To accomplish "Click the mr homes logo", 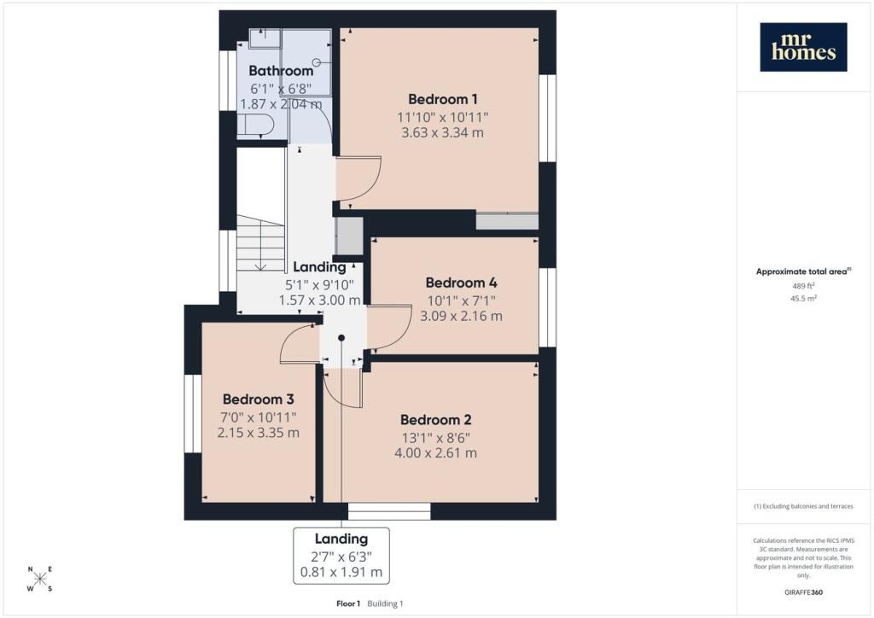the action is (803, 47).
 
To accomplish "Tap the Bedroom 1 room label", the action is (443, 99).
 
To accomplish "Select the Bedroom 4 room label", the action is (461, 283).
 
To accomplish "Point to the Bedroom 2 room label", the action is (436, 420).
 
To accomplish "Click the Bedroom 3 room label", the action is (258, 399).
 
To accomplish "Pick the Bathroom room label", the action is (281, 71).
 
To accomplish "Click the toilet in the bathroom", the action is (254, 125).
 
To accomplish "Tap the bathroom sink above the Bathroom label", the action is (265, 38).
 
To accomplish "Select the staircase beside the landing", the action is (261, 243).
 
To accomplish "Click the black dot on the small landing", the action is (341, 338).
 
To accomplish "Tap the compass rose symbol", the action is (39, 579).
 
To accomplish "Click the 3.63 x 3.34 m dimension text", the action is (443, 132).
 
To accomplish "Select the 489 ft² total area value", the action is (803, 286).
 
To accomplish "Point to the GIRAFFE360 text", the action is (803, 592).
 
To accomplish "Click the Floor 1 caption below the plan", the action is (348, 603).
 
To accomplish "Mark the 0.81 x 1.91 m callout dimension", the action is (341, 572).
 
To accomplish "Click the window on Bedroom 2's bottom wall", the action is (389, 511).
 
